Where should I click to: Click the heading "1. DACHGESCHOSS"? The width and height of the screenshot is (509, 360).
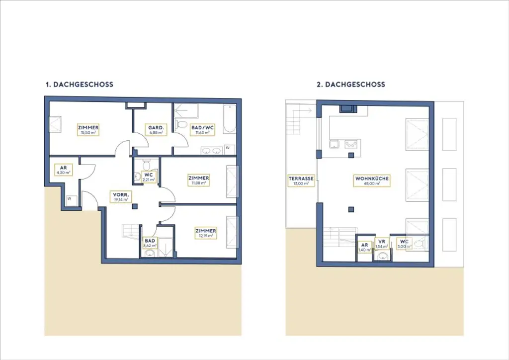[79, 85]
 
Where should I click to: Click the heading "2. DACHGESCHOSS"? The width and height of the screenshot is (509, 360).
[350, 85]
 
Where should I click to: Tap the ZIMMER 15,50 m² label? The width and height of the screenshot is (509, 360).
[88, 130]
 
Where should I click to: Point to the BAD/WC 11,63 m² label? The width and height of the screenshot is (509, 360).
[202, 130]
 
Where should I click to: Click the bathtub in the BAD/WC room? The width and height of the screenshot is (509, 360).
[230, 120]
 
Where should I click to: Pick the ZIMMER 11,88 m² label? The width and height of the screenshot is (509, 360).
[198, 180]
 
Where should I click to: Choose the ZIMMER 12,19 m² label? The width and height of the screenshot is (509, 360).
[205, 233]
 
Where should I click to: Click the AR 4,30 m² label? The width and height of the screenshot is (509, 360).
[63, 170]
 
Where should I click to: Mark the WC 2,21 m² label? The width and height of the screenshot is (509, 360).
[149, 177]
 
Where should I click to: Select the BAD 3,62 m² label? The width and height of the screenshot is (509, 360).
[150, 243]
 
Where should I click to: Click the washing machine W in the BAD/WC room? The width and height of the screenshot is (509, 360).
[227, 148]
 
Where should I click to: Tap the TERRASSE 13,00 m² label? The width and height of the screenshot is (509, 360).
[301, 180]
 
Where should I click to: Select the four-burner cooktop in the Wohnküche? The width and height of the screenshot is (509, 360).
[351, 145]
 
